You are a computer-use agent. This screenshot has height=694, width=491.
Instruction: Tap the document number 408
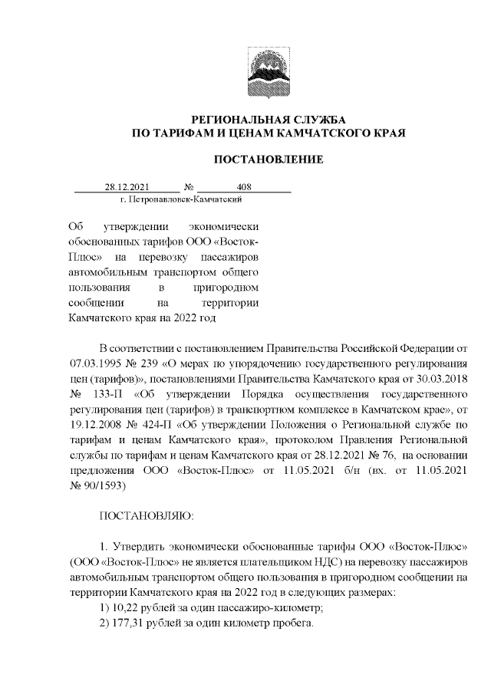(x=245, y=186)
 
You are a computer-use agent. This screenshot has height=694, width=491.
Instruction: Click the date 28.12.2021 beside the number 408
(x=126, y=186)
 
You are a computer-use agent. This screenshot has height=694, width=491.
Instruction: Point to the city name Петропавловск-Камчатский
(x=182, y=199)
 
